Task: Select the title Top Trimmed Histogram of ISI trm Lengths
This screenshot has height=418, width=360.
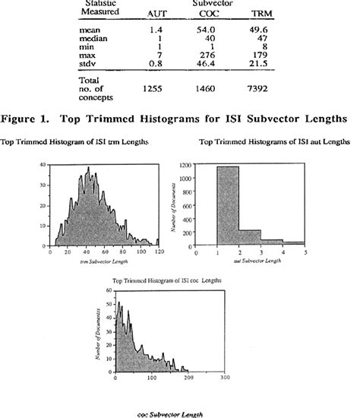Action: (x=74, y=143)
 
